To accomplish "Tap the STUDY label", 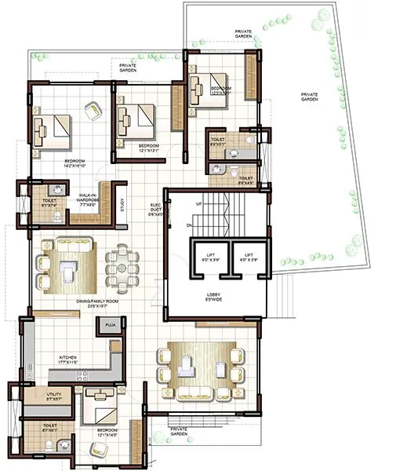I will pyautogui.click(x=122, y=205).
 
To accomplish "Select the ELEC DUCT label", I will pyautogui.click(x=156, y=209).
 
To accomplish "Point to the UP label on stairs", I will pyautogui.click(x=198, y=203).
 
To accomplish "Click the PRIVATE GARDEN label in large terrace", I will pyautogui.click(x=311, y=97).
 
